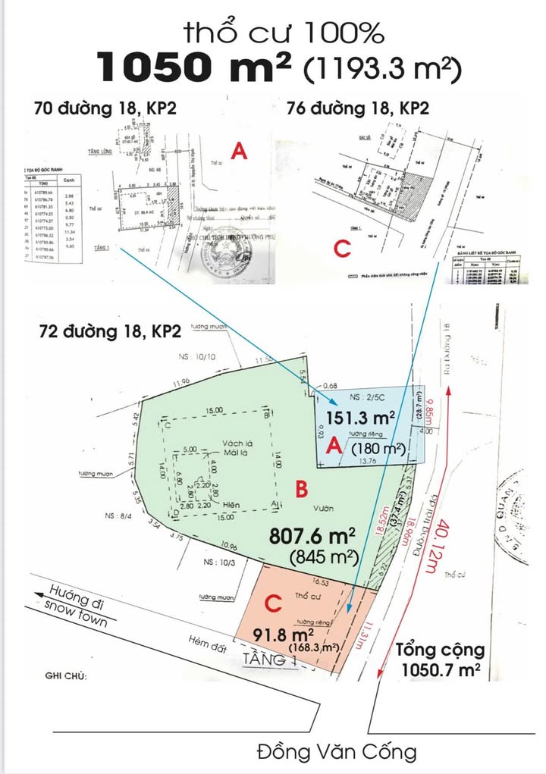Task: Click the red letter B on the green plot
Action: (x=301, y=490)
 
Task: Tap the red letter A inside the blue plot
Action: (x=332, y=448)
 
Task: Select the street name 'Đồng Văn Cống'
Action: (x=337, y=753)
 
